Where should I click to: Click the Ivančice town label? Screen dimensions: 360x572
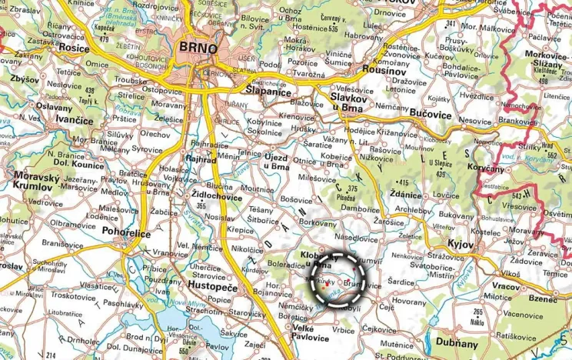[73, 121]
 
